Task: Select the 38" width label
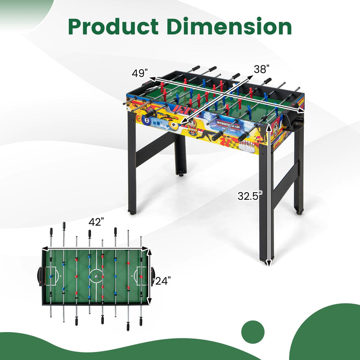coord(261,69)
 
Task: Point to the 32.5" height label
coord(250,196)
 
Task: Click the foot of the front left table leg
coord(133,210)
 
